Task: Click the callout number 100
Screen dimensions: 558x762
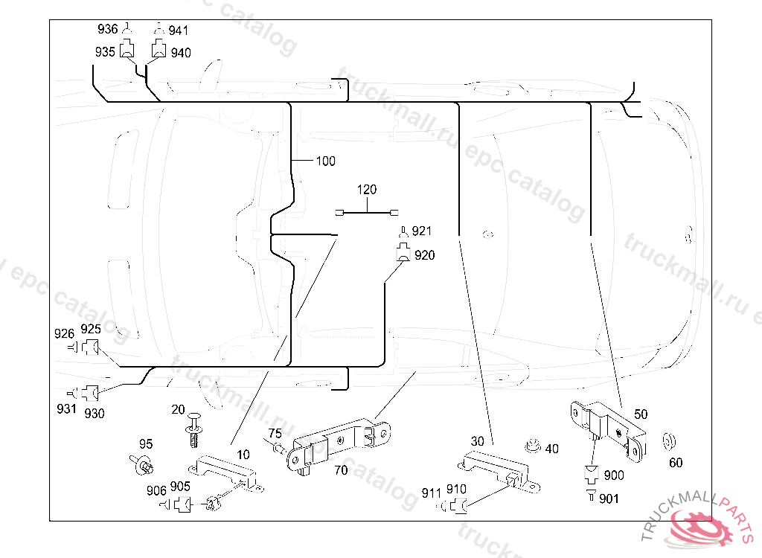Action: [x=326, y=161]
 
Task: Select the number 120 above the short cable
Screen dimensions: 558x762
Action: [x=366, y=190]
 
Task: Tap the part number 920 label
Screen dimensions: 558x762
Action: [x=425, y=255]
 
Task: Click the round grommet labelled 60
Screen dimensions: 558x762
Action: [x=668, y=440]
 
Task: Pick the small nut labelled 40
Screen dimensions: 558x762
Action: [x=531, y=446]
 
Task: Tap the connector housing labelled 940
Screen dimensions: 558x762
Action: [x=159, y=51]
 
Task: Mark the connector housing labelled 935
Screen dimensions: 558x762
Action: [x=127, y=51]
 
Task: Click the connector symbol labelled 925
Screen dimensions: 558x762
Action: [x=92, y=347]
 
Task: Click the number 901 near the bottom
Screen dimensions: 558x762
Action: [x=609, y=498]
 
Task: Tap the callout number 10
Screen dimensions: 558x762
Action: [x=243, y=454]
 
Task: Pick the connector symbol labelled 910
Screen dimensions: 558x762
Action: [x=458, y=507]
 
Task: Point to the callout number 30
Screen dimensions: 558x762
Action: [x=477, y=441]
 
